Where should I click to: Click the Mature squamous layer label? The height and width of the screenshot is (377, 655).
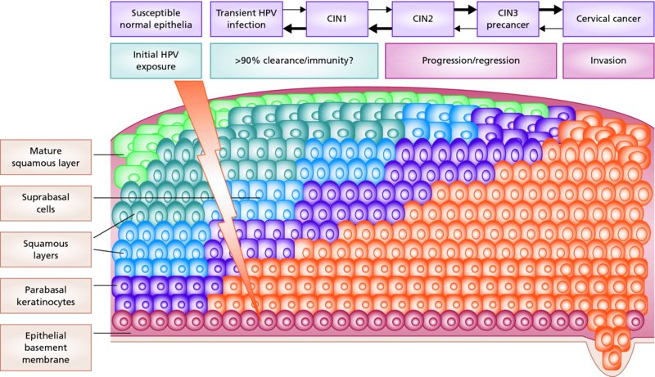coord(46,157)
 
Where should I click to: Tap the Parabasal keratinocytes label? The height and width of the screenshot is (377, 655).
coord(46,292)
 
